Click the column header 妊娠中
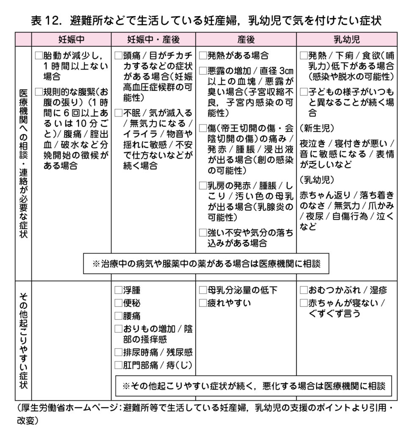click(x=71, y=39)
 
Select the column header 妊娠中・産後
click(x=154, y=39)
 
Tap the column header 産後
click(x=246, y=39)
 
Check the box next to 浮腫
click(x=119, y=291)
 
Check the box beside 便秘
click(x=119, y=303)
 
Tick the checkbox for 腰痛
click(x=119, y=316)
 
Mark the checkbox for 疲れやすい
click(x=203, y=303)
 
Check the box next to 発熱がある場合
click(x=203, y=56)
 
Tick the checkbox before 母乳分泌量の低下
click(x=203, y=290)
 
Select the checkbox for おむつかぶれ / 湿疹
click(x=304, y=290)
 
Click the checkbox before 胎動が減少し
click(x=39, y=56)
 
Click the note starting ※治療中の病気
click(x=206, y=263)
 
